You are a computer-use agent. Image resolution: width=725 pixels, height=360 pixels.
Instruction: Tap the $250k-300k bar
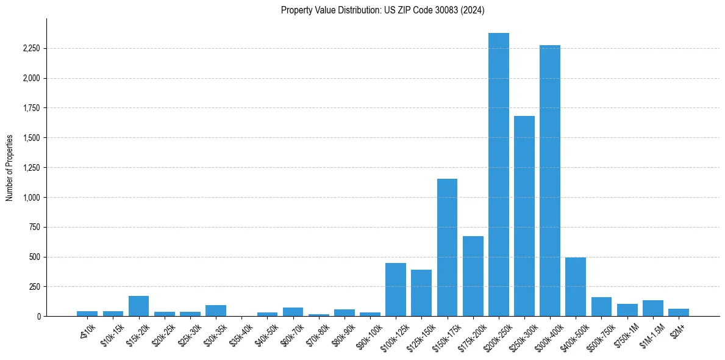524,216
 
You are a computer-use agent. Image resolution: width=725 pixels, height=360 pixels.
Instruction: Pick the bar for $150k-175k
447,247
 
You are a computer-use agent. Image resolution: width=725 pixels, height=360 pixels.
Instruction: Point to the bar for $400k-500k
575,287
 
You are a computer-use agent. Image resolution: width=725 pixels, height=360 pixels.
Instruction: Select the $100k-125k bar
396,289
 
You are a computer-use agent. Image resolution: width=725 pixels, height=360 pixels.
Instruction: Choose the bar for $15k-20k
139,306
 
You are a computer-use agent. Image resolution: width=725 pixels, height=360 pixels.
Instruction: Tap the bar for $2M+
678,312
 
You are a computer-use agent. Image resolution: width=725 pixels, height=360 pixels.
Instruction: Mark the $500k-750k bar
601,307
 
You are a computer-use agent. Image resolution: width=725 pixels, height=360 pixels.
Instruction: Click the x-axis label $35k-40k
242,332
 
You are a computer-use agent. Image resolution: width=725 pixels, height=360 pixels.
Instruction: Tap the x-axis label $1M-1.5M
651,332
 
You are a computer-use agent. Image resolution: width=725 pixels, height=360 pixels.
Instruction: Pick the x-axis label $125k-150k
420,333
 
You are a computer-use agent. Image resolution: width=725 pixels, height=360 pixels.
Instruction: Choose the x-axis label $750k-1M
627,332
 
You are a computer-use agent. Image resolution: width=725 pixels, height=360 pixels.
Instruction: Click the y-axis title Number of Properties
10,168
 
